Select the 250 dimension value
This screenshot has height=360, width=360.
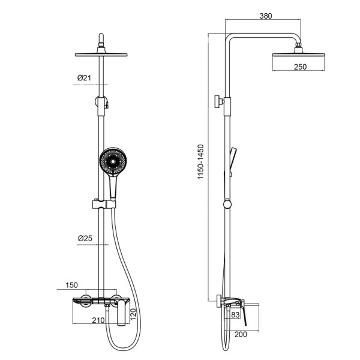coord(301,67)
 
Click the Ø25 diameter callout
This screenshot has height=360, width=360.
coord(85,238)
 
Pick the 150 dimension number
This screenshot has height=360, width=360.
coord(72,284)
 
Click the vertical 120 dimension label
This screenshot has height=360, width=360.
coord(134,313)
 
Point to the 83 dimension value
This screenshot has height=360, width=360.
coord(235,315)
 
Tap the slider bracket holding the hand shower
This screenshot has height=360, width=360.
coord(103,205)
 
